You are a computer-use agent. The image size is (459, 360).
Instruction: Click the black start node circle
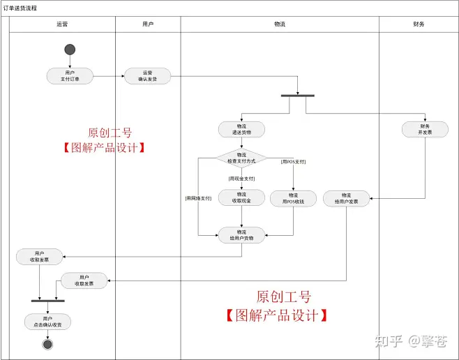point(70,50)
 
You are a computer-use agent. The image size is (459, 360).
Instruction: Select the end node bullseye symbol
point(47,344)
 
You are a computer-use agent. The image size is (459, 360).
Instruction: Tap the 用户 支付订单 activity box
point(70,75)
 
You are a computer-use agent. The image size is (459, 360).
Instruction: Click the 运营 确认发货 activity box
point(147,75)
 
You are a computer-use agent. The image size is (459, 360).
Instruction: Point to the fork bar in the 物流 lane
point(297,96)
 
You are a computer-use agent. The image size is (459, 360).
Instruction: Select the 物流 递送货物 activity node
point(241,129)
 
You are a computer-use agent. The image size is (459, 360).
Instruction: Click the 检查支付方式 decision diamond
point(241,158)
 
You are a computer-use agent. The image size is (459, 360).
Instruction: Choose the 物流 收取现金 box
point(241,197)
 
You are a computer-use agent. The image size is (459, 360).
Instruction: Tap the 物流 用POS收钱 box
point(293,197)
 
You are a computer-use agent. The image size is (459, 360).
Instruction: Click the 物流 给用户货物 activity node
point(241,234)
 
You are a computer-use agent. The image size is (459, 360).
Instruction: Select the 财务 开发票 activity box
point(425,129)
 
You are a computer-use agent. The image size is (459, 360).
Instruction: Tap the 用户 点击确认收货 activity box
point(47,322)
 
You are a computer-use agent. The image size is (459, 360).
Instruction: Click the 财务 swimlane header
point(419,24)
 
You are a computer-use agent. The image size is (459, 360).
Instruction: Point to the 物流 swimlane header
point(280,24)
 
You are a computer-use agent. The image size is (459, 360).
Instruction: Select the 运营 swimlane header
point(62,24)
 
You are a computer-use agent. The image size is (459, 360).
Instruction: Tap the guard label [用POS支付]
point(293,162)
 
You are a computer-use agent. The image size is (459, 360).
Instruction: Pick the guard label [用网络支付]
point(200,198)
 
